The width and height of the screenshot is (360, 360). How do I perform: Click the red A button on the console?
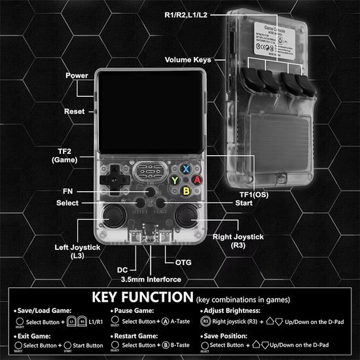click(196, 179)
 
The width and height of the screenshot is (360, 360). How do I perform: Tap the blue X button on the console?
click(185, 168)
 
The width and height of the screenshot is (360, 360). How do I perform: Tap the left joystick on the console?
click(115, 217)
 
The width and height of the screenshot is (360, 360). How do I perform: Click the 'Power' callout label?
click(77, 76)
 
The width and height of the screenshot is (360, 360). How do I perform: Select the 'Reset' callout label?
click(75, 112)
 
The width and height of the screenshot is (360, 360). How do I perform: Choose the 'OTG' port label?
click(185, 261)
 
